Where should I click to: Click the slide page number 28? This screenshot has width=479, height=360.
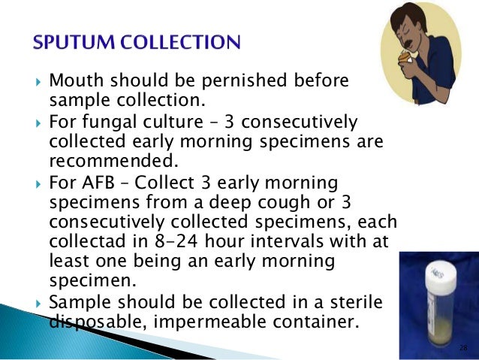[462, 349]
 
